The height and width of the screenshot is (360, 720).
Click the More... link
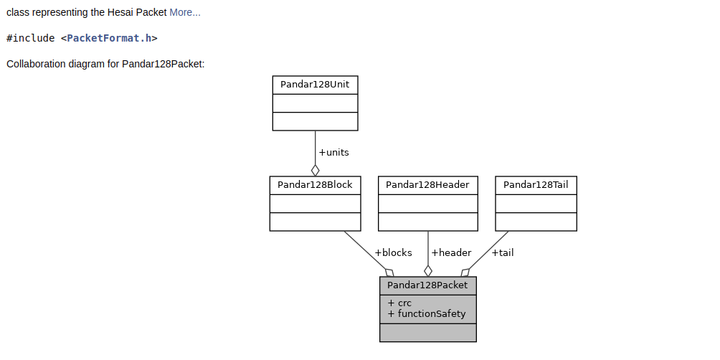(185, 12)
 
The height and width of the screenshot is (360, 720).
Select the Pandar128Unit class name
(315, 85)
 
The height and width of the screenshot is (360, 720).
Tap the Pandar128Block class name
(315, 185)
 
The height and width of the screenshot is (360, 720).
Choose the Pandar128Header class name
(427, 185)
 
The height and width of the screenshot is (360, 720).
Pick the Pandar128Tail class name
(536, 185)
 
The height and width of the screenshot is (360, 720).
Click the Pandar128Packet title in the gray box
(427, 285)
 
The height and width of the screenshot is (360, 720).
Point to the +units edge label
(333, 153)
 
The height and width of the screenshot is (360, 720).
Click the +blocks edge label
(393, 252)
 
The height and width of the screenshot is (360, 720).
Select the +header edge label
(451, 252)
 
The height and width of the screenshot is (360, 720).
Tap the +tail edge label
(502, 252)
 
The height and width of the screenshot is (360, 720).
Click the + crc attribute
(399, 303)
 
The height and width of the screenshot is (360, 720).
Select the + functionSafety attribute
(427, 314)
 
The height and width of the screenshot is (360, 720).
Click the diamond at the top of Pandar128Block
(315, 170)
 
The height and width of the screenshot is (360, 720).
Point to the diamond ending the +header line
(428, 270)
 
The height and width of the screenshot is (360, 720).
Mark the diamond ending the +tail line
(465, 273)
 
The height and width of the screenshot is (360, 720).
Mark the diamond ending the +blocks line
(389, 273)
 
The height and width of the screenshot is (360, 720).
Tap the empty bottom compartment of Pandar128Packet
(427, 333)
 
